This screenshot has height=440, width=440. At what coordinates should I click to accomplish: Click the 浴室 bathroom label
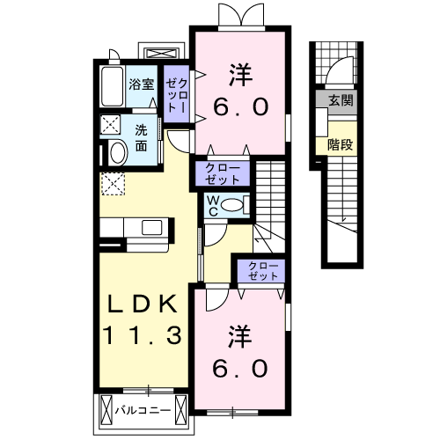[x=142, y=84]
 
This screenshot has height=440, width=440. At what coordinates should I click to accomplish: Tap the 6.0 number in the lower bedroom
[x=238, y=368]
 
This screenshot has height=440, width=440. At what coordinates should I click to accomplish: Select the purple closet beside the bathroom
[x=176, y=93]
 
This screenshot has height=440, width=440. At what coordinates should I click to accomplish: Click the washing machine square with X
[x=111, y=123]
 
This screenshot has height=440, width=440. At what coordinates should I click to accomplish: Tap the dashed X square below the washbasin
[x=112, y=183]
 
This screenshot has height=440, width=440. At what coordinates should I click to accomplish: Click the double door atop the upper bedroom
[x=239, y=15]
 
